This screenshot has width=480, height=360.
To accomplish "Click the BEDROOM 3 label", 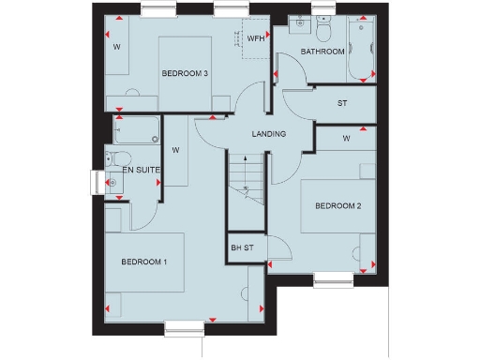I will pyautogui.click(x=185, y=73).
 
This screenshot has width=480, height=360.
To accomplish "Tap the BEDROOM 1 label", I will pyautogui.click(x=144, y=262).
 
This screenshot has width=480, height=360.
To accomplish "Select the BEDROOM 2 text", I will pyautogui.click(x=338, y=206).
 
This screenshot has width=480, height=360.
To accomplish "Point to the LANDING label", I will pyautogui.click(x=268, y=134).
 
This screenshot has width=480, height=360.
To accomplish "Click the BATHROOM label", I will pyautogui.click(x=322, y=52).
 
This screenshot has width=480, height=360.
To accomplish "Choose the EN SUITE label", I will pyautogui.click(x=141, y=170).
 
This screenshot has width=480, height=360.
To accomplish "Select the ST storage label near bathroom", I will pyautogui.click(x=342, y=102).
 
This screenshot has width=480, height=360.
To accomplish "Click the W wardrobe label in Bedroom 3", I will pyautogui.click(x=117, y=46).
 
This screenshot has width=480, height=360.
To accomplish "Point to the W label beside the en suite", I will pyautogui.click(x=176, y=147).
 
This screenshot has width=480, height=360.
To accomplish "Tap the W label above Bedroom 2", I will pyautogui.click(x=346, y=139).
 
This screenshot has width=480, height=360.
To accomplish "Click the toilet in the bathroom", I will pyautogui.click(x=324, y=31).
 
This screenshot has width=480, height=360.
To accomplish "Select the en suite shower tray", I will pyautogui.click(x=137, y=127).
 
